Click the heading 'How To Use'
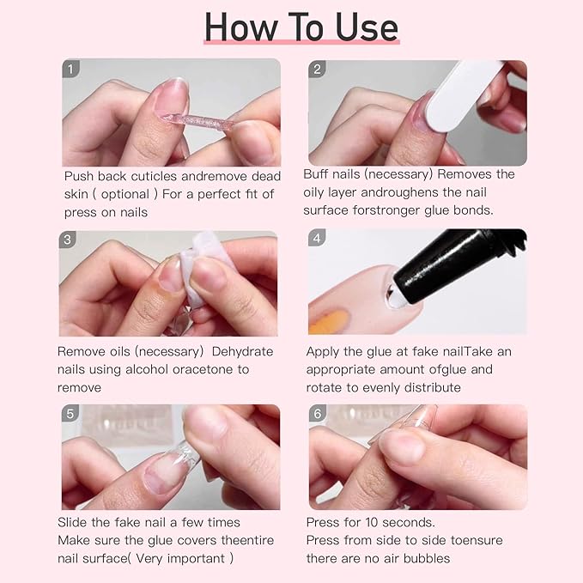(301, 27)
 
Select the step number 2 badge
(318, 70)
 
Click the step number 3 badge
(69, 240)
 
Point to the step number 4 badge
(318, 240)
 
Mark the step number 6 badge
(318, 413)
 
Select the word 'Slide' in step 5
(73, 522)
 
